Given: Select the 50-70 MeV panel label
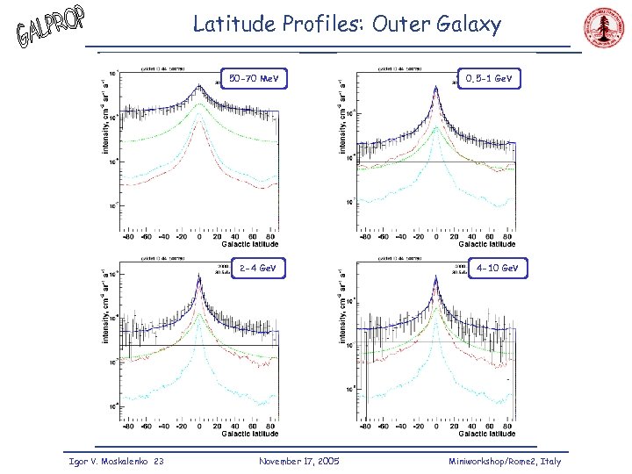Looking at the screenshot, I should click(254, 80).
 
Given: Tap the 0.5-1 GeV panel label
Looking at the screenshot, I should click(490, 79).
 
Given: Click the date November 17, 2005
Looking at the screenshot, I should click(299, 461).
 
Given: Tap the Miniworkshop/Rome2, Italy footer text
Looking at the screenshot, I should click(505, 461).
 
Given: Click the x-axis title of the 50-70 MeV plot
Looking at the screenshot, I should click(250, 245).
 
